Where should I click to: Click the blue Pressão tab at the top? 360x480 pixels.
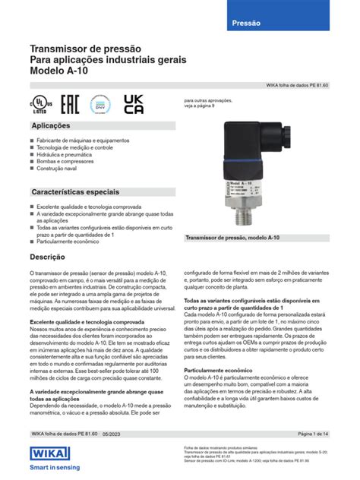point(245,24)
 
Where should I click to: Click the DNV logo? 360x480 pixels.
point(99,104)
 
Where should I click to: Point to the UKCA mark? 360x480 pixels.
point(133,104)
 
